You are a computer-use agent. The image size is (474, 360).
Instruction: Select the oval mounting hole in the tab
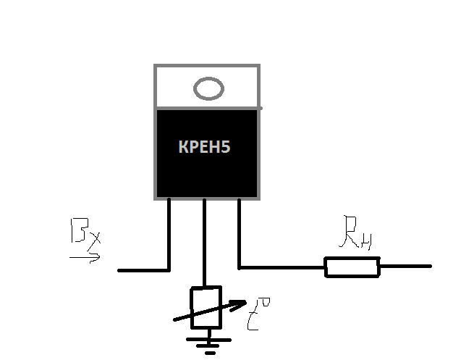tap(208, 89)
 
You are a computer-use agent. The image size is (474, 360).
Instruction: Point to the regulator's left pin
tap(169, 232)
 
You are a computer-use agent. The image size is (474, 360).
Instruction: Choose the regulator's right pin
tap(239, 232)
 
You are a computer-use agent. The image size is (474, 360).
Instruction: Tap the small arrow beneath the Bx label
tap(85, 256)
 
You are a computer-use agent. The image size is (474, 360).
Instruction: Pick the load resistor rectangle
tap(352, 267)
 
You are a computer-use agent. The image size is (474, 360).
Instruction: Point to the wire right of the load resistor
tap(405, 267)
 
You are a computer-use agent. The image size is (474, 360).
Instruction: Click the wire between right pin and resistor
tap(282, 267)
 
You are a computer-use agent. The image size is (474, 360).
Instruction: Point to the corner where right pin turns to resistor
tap(240, 267)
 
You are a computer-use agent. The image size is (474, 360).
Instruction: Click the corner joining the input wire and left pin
tap(169, 269)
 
